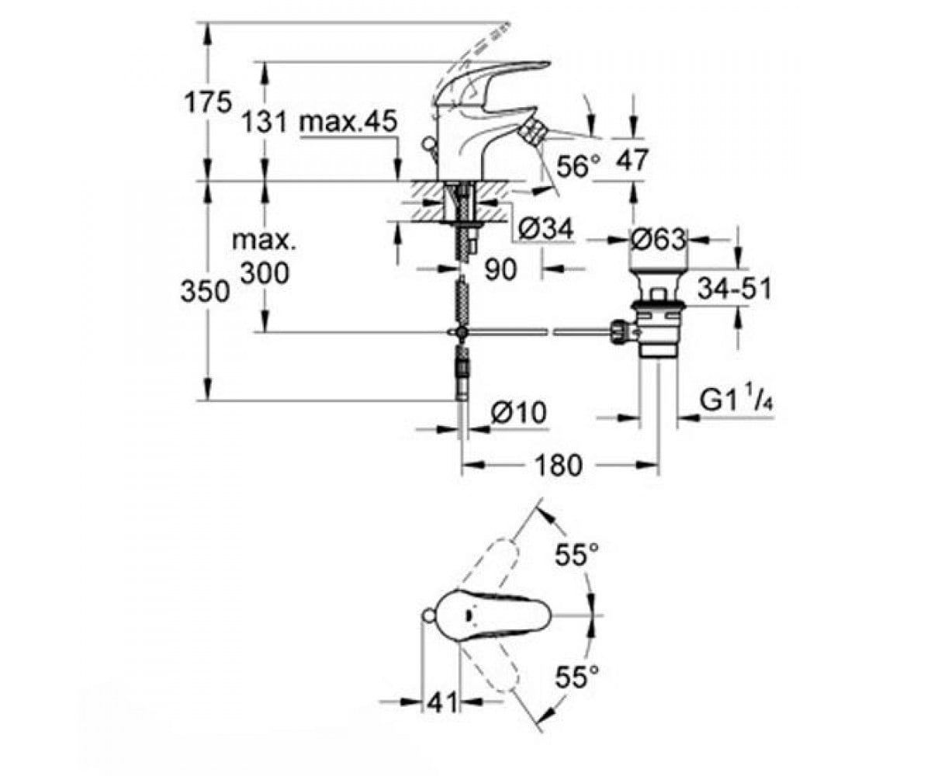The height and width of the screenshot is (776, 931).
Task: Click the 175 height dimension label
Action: pos(208,103)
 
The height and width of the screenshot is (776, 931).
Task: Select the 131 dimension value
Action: pos(265,122)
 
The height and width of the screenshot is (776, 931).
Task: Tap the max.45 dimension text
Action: pos(348,121)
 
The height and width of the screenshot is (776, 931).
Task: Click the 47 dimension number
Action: pos(632,160)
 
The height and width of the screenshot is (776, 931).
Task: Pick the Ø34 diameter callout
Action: pos(546,229)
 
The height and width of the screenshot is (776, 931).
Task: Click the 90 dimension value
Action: pos(500,269)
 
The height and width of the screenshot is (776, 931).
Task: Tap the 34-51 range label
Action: pos(735,289)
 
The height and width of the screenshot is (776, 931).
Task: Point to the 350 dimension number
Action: pos(205,292)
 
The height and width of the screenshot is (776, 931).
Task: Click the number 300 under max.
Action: pos(265,273)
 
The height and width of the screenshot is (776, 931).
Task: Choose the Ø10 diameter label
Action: pos(518,412)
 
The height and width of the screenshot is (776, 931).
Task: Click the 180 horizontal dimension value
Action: pos(559,466)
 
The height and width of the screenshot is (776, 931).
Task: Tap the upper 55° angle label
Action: pos(576,555)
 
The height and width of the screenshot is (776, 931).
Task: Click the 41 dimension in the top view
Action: pos(442,702)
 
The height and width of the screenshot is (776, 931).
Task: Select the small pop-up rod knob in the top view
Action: pos(427,615)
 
